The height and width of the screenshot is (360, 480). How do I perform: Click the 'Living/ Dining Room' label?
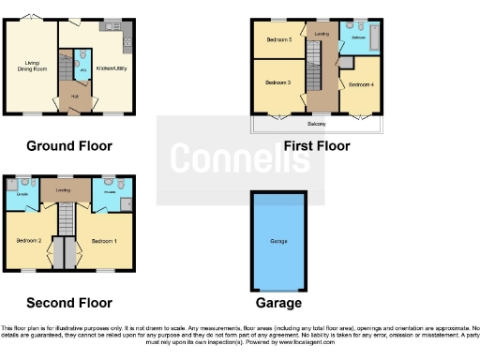click(33, 67)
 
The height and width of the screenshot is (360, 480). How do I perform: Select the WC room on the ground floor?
click(81, 67)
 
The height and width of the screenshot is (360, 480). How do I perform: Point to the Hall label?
click(71, 96)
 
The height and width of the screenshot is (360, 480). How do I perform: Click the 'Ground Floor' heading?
click(69, 145)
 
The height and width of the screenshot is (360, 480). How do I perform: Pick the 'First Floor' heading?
click(316, 145)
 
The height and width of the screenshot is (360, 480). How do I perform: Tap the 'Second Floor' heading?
click(69, 303)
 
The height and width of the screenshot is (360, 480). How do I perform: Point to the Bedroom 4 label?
click(360, 85)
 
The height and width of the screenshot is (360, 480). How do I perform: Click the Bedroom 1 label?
click(104, 241)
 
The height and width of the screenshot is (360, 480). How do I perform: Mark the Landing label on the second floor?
click(64, 189)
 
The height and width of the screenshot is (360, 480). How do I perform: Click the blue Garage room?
click(278, 241)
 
